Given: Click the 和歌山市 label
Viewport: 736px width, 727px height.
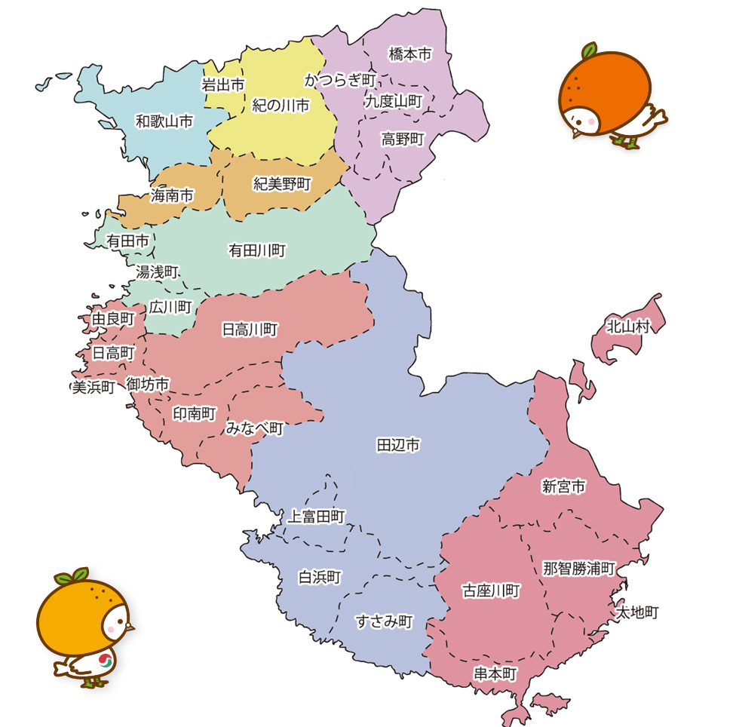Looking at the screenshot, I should pyautogui.click(x=164, y=121).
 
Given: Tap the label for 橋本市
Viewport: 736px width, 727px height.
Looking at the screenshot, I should pyautogui.click(x=410, y=54).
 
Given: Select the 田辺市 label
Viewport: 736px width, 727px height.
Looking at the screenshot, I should pyautogui.click(x=397, y=445).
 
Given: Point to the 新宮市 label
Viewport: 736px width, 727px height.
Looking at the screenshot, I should pyautogui.click(x=563, y=486).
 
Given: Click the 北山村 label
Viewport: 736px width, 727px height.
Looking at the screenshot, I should pyautogui.click(x=628, y=327).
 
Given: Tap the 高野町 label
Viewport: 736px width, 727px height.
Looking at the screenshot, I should pyautogui.click(x=403, y=139).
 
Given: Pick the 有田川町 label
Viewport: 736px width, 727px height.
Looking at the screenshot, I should pyautogui.click(x=257, y=250).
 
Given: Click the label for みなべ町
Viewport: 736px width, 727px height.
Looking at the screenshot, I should pyautogui.click(x=255, y=428).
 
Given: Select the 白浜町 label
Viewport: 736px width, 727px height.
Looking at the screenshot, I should pyautogui.click(x=320, y=577).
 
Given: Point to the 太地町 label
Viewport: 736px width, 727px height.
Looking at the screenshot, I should pyautogui.click(x=638, y=612).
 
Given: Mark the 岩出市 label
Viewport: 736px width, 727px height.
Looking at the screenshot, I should pyautogui.click(x=223, y=85).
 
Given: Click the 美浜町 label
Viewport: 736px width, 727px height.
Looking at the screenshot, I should pyautogui.click(x=94, y=387).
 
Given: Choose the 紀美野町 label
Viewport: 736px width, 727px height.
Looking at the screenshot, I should pyautogui.click(x=282, y=183).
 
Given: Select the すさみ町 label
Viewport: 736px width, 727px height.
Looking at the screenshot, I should pyautogui.click(x=384, y=622).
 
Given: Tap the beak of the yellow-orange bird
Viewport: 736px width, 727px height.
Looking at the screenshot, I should pyautogui.click(x=130, y=626).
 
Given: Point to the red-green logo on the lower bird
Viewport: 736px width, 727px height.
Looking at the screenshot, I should pyautogui.click(x=105, y=661).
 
